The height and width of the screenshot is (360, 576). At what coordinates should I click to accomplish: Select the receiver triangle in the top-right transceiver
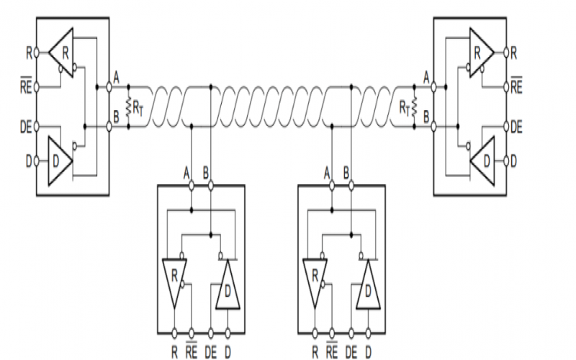pyautogui.click(x=480, y=52)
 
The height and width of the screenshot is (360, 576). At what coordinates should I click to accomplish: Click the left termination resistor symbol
pyautogui.click(x=128, y=107)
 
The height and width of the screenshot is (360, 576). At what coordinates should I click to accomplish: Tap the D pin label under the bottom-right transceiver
pyautogui.click(x=368, y=351)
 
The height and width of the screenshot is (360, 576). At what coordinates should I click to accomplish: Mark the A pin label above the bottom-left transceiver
pyautogui.click(x=187, y=174)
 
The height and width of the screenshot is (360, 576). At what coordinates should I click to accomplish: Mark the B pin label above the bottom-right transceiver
pyautogui.click(x=347, y=174)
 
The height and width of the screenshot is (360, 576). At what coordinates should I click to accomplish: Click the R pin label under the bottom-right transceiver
pyautogui.click(x=315, y=351)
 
